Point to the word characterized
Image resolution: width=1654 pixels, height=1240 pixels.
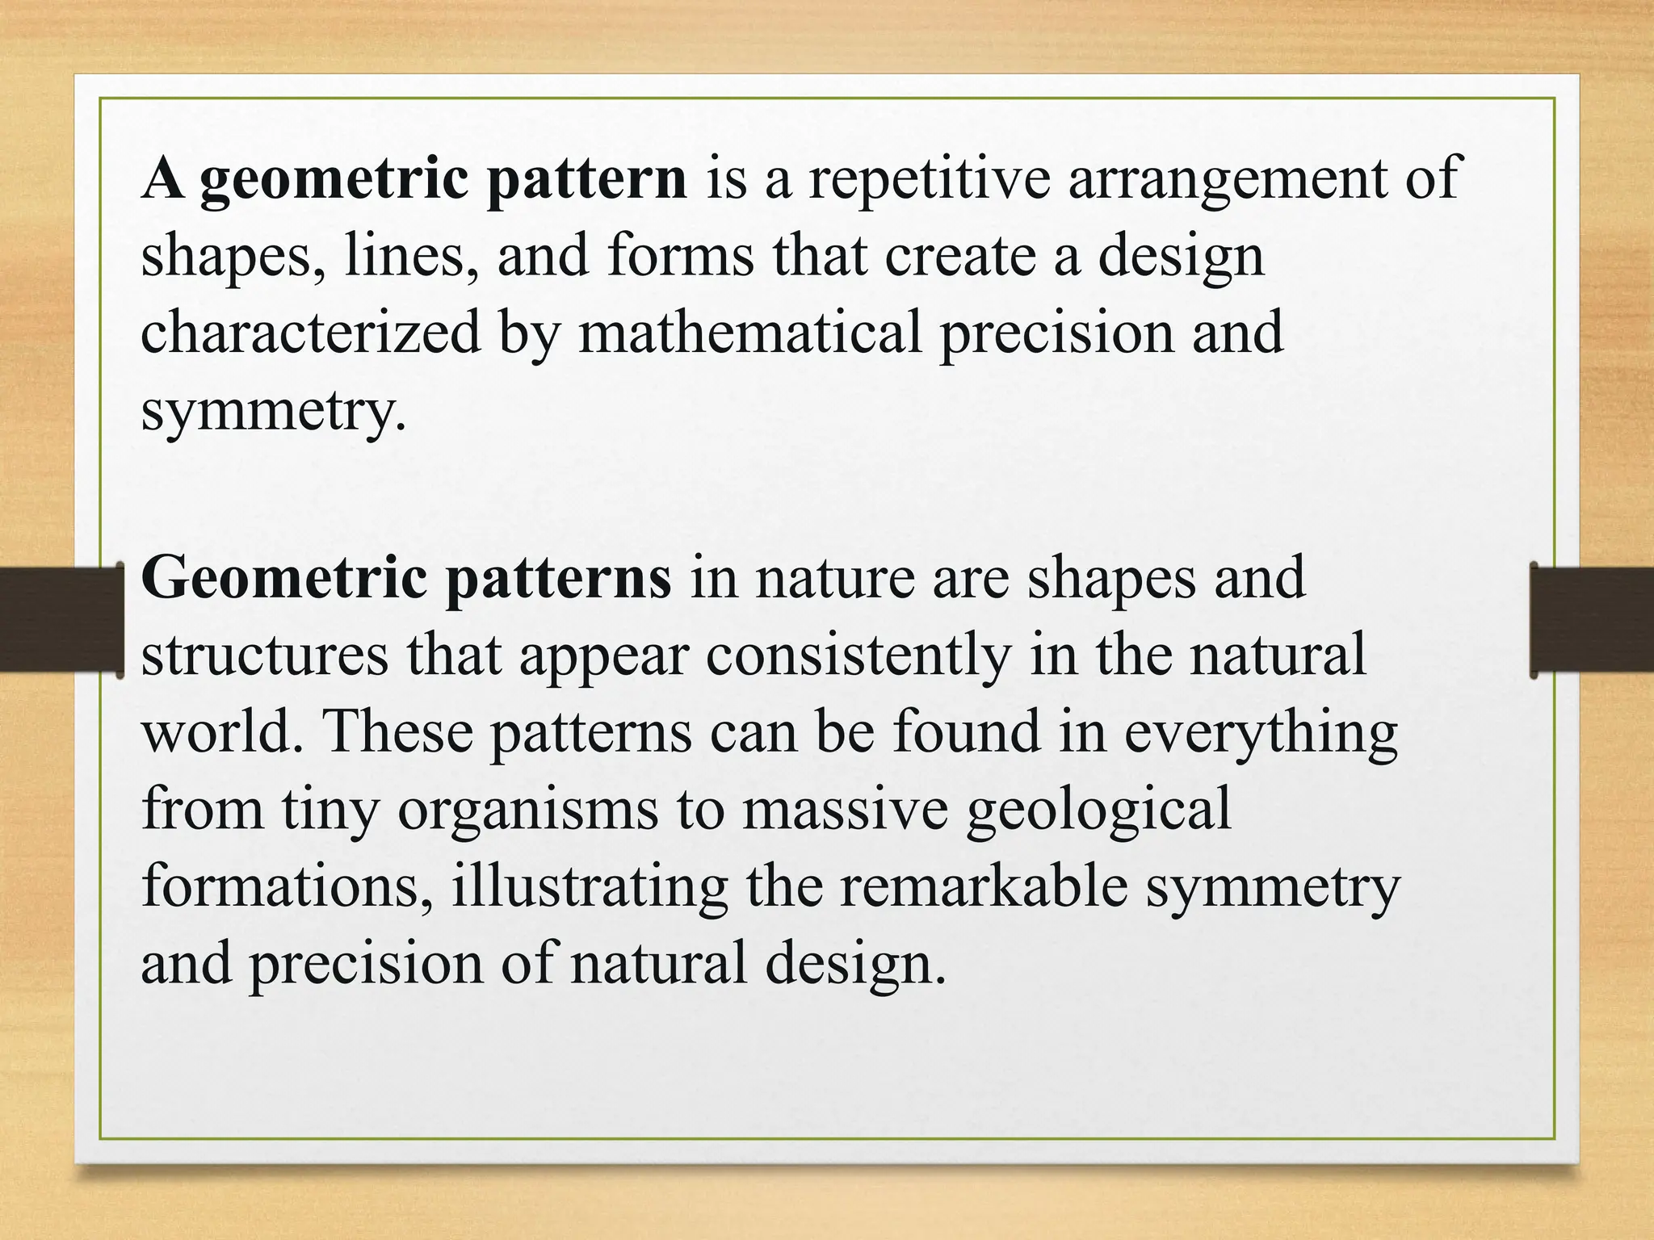(311, 333)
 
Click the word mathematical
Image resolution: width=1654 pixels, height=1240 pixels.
(750, 333)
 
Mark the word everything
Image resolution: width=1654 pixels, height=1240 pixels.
(1260, 733)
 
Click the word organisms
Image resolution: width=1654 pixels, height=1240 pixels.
(528, 810)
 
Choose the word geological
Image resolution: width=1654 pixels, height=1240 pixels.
(1098, 810)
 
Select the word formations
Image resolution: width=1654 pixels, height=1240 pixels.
(286, 886)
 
